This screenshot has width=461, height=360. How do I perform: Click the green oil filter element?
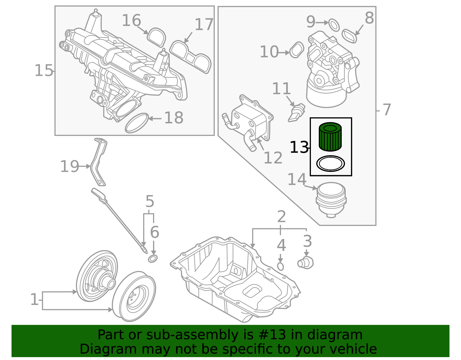click(330, 137)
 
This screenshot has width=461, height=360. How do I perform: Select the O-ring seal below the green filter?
click(330, 164)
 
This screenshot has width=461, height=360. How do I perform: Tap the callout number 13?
click(299, 148)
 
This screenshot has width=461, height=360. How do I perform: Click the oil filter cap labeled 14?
click(331, 199)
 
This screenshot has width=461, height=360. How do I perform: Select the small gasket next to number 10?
click(296, 50)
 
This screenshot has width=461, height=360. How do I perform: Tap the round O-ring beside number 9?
click(334, 25)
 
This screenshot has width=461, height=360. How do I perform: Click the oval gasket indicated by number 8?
click(349, 36)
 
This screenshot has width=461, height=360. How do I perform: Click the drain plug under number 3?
click(305, 263)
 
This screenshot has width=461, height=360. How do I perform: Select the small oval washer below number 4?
click(280, 266)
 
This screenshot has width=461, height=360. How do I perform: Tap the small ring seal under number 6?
click(153, 259)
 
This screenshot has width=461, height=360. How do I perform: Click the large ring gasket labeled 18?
click(137, 123)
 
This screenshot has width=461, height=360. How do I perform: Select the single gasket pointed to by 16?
click(156, 37)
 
